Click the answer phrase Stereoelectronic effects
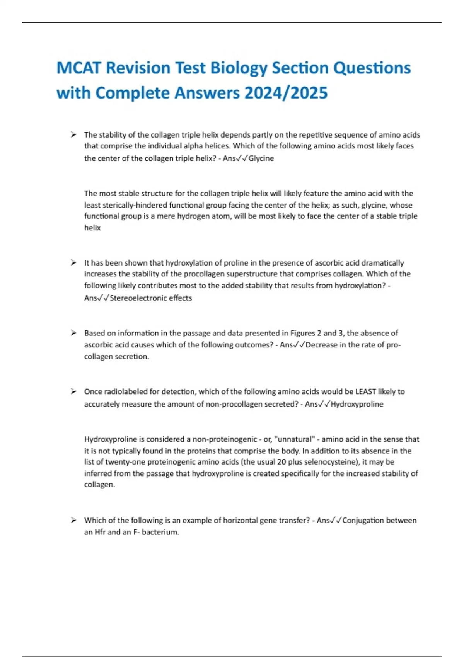click(151, 298)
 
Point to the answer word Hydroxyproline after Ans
click(357, 404)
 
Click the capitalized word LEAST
click(366, 392)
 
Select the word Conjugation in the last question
click(361, 521)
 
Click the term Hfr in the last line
click(100, 532)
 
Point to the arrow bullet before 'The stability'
click(73, 135)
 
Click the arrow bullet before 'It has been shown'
click(73, 263)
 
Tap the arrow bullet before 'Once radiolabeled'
click(73, 392)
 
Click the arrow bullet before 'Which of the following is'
click(73, 521)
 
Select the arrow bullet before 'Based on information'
click(73, 333)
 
